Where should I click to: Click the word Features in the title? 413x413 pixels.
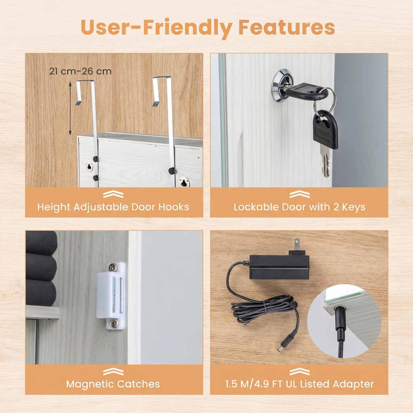pyautogui.click(x=287, y=27)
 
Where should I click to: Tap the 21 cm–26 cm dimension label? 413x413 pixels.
pyautogui.click(x=80, y=71)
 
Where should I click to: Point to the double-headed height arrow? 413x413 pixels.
pyautogui.click(x=70, y=108)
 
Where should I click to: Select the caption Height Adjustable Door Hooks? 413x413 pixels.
pyautogui.click(x=113, y=207)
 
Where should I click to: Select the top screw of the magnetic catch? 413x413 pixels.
pyautogui.click(x=113, y=268)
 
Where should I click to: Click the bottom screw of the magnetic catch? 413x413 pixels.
pyautogui.click(x=114, y=324)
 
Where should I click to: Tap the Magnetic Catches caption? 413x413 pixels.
pyautogui.click(x=113, y=384)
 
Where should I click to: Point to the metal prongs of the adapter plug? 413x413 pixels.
pyautogui.click(x=297, y=244)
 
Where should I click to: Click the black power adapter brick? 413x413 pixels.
pyautogui.click(x=279, y=267)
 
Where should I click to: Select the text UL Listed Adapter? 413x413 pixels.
pyautogui.click(x=330, y=384)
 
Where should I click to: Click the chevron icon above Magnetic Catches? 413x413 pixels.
pyautogui.click(x=113, y=371)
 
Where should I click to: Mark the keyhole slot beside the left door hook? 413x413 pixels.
pyautogui.click(x=89, y=167)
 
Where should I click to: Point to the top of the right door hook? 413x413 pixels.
pyautogui.click(x=162, y=77)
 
